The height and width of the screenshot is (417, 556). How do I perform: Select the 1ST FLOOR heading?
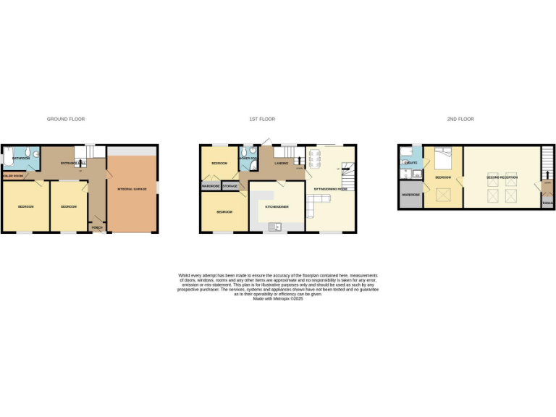tap(263, 119)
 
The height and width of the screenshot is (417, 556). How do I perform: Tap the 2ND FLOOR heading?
tap(461, 119)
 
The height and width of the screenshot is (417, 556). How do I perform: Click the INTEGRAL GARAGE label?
tap(132, 189)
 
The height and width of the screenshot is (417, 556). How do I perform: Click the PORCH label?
tap(97, 227)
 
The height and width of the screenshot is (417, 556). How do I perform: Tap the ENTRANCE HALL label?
tap(72, 164)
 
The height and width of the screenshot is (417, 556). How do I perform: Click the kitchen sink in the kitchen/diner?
tap(276, 227)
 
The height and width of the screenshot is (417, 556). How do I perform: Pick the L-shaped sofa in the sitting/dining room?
tap(311, 207)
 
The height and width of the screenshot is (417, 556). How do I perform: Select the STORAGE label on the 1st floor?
tap(229, 187)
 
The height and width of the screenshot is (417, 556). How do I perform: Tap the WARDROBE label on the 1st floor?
tap(211, 187)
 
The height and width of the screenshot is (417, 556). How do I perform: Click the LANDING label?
tap(282, 164)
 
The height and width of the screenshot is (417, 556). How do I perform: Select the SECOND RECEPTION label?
tap(501, 177)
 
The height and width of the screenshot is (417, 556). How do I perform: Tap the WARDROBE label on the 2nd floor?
tap(410, 195)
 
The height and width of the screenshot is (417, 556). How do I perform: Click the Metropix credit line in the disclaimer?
tap(278, 299)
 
